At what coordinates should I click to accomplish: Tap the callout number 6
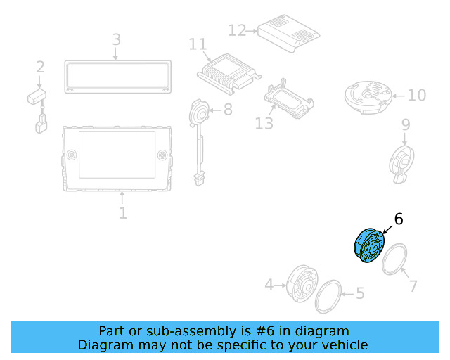click(399, 219)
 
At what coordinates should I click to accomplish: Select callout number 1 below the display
click(123, 212)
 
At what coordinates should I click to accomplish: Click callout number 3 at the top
click(117, 39)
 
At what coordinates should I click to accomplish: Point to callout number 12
click(237, 30)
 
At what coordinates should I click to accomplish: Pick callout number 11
click(198, 44)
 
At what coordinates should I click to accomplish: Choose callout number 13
click(264, 124)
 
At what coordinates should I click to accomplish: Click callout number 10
click(416, 95)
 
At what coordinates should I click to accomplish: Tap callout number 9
click(406, 124)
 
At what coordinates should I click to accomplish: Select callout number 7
click(413, 285)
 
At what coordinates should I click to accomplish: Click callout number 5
click(360, 293)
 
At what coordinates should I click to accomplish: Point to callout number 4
click(269, 285)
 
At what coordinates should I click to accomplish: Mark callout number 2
click(40, 67)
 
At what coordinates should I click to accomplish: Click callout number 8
click(227, 110)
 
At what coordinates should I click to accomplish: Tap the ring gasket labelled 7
click(395, 259)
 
